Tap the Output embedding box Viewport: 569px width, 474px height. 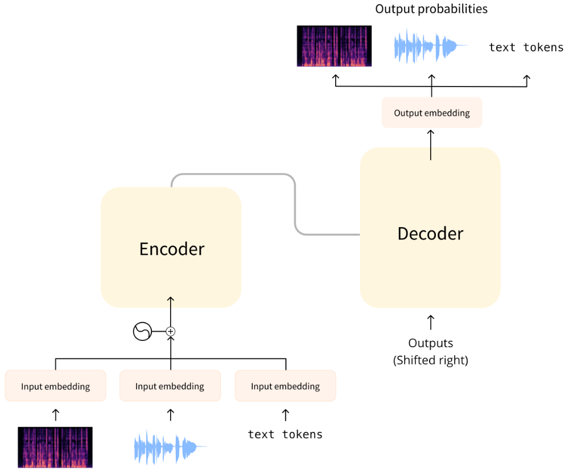click(x=432, y=113)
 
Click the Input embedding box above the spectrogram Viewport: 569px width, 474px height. click(x=56, y=386)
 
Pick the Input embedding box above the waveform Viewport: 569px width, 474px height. click(x=170, y=386)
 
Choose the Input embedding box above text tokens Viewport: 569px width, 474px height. click(x=286, y=386)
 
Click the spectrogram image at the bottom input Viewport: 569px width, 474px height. click(x=55, y=447)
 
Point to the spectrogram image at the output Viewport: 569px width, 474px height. click(x=334, y=46)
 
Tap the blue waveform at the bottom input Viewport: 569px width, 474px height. click(x=170, y=447)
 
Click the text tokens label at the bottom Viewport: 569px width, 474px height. click(x=286, y=434)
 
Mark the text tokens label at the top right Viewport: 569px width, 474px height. click(x=526, y=47)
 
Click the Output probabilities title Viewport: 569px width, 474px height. click(x=431, y=9)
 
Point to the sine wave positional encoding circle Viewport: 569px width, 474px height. click(x=142, y=331)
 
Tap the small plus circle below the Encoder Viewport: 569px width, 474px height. click(x=170, y=331)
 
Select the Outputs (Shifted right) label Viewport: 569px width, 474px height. click(x=431, y=352)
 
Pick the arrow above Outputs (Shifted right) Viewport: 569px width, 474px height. click(x=431, y=322)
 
